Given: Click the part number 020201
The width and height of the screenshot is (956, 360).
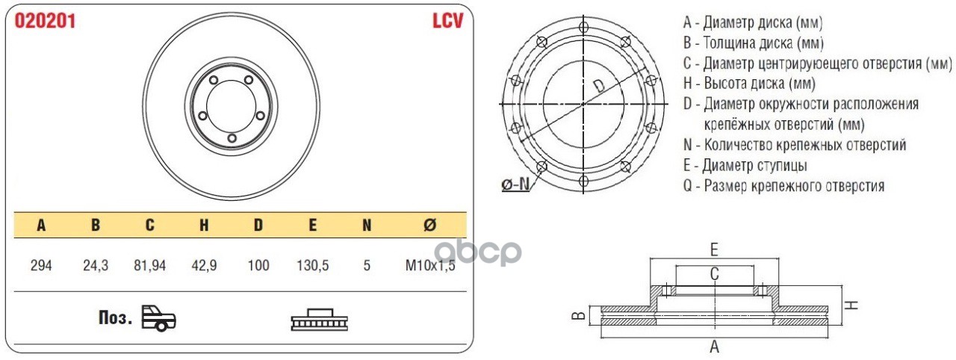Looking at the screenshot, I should coord(45,21).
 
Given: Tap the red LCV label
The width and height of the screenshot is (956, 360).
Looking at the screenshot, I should coord(448,21).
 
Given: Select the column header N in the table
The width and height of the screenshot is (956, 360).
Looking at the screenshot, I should coord(367,225).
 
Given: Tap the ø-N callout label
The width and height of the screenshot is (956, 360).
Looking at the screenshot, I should coord(515,184).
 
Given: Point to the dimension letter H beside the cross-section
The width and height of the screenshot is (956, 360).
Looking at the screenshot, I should coord(854,304).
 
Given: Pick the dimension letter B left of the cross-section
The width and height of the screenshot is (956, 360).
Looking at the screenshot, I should coord(577,316).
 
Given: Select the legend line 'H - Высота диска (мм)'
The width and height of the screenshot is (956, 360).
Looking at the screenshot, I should coord(749,83).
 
